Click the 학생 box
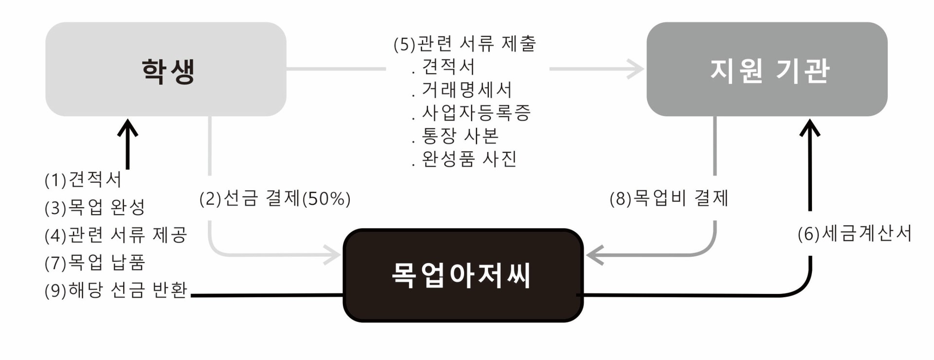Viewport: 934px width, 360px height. tap(166, 69)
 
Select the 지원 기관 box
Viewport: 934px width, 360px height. tap(767, 69)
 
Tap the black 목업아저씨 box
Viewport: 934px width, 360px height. tap(463, 275)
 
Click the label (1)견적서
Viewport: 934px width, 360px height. tap(83, 180)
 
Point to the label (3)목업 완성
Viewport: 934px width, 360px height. tap(95, 207)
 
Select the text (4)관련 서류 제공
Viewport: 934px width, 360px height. tap(116, 235)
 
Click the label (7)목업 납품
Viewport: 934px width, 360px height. tap(95, 263)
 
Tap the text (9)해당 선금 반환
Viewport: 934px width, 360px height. tap(116, 290)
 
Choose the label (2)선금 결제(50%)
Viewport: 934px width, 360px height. tap(275, 198)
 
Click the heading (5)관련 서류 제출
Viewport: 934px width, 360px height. tap(465, 44)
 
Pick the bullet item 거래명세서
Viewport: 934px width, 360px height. tap(467, 90)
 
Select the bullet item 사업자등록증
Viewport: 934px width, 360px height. tap(476, 113)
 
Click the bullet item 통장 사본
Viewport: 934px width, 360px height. tap(460, 136)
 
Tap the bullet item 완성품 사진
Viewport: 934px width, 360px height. tap(469, 159)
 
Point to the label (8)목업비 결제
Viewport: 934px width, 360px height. tap(669, 198)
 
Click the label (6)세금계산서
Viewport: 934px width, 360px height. tap(855, 234)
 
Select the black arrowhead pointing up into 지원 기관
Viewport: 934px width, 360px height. tap(810, 127)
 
